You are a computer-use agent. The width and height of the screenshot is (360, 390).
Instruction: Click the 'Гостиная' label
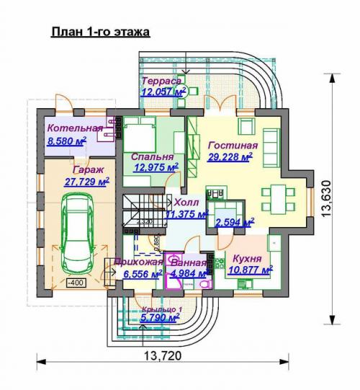[228, 144]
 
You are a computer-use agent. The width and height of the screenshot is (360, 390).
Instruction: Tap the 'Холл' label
[187, 203]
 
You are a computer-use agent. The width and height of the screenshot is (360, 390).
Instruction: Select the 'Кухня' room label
[248, 258]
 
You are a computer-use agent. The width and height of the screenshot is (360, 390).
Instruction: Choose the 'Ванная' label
[186, 262]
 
